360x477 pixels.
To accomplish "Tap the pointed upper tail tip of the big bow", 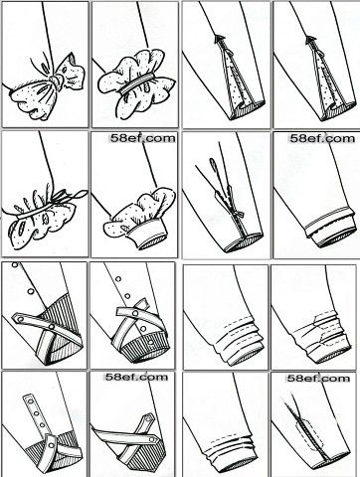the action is (71, 53).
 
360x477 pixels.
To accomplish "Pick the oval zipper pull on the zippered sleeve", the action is (212, 165).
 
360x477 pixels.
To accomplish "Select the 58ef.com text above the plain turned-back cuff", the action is (321, 138).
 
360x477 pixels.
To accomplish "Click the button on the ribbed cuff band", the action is (150, 342).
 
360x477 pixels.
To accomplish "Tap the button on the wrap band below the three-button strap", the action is (51, 445).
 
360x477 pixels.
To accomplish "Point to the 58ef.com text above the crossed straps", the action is (136, 377).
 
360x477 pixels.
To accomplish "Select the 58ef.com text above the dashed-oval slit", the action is (318, 378).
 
